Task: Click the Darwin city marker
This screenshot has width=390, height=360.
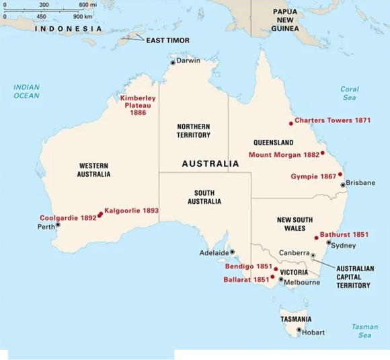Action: click(173, 62)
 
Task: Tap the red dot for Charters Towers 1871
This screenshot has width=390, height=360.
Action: click(291, 122)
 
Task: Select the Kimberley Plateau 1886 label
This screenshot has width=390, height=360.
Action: click(138, 105)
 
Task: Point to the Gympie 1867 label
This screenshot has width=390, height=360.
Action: click(313, 176)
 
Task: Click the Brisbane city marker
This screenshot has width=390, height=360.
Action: click(343, 184)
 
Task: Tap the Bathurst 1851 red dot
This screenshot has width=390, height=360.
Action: click(316, 238)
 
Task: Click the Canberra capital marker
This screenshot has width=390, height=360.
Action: click(313, 255)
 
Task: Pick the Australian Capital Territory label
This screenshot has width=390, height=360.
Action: click(354, 276)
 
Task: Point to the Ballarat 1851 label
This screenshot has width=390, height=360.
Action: click(246, 279)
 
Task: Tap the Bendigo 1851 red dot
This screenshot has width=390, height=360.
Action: click(276, 268)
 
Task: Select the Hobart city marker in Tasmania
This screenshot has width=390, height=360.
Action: click(299, 329)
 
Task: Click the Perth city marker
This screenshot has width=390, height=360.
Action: click(57, 225)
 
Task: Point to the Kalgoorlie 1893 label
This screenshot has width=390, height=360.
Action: click(132, 211)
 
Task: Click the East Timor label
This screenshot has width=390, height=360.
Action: click(168, 40)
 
